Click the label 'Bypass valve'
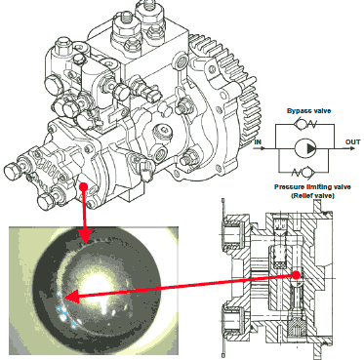point(308,111)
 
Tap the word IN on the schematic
point(258,142)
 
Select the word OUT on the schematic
point(352,142)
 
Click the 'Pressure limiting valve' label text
point(312,187)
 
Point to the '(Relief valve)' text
point(312,196)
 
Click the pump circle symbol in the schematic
point(305,148)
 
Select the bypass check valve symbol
point(304,124)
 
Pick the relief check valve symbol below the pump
point(304,172)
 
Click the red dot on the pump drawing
point(84,187)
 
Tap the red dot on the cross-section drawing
point(296,275)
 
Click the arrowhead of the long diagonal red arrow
point(70,297)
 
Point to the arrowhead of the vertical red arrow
point(85,235)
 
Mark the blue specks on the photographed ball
point(65,310)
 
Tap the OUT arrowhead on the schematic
point(352,148)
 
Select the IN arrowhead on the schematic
point(263,148)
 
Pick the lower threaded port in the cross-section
point(232,322)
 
